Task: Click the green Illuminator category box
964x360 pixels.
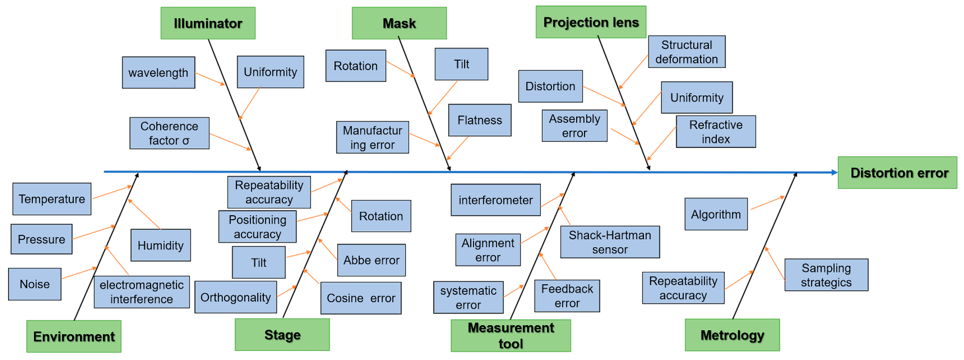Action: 208,23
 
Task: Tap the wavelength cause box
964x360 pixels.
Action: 158,73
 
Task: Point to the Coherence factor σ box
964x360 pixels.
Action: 169,133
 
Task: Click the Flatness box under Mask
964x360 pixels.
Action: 479,120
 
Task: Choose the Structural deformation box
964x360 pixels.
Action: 686,52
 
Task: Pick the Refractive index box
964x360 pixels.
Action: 716,132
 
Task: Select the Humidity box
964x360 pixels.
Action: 161,245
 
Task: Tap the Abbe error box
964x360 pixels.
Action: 371,260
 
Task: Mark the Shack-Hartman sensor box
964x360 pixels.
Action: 610,242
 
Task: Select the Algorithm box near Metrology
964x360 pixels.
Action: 716,214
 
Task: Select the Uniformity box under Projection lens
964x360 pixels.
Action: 696,98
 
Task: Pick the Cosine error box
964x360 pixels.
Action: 361,298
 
